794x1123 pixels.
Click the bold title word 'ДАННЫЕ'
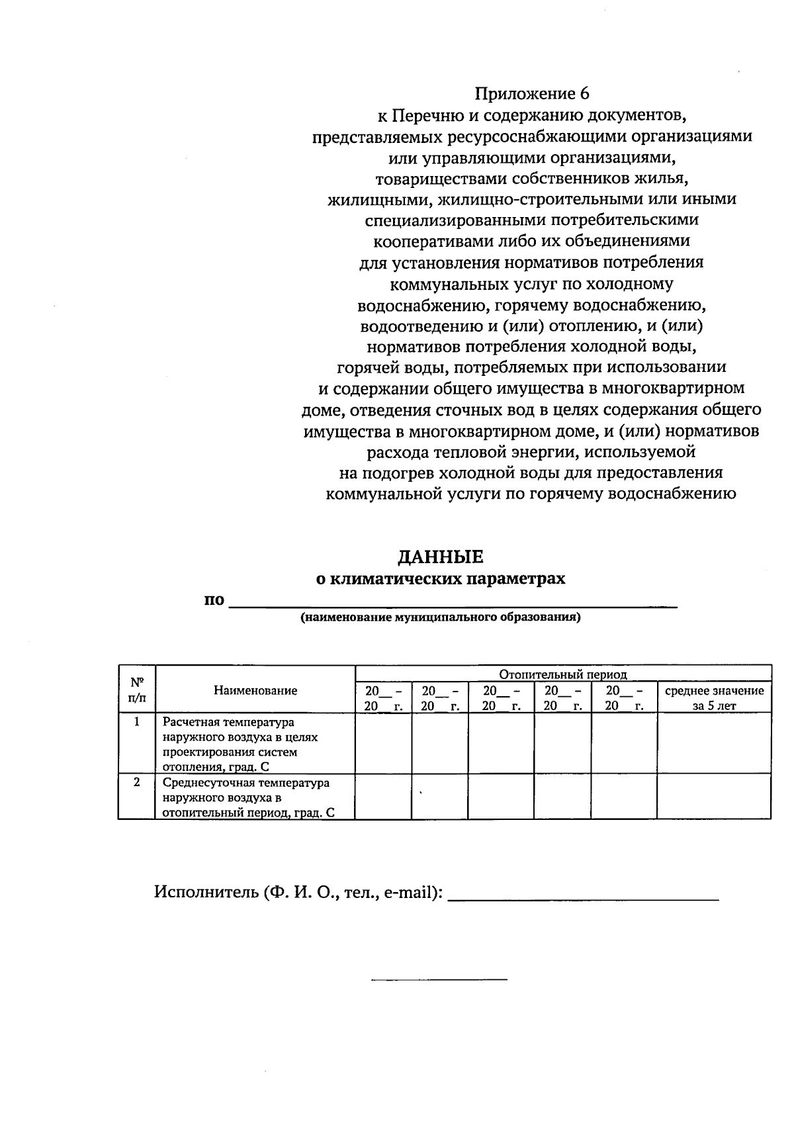(x=440, y=557)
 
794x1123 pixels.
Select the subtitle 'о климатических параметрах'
(x=440, y=579)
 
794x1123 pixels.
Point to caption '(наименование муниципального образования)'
(x=440, y=618)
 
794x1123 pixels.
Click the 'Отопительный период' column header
(x=562, y=674)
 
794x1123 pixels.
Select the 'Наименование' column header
(x=255, y=690)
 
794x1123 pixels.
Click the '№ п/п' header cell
(x=137, y=689)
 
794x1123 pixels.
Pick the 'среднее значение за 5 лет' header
(x=714, y=697)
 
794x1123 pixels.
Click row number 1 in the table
(x=137, y=722)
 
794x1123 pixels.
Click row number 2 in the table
(x=137, y=782)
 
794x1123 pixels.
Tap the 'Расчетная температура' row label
(x=228, y=722)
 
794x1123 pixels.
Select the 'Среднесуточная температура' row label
(x=246, y=783)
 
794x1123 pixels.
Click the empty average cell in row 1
(x=714, y=743)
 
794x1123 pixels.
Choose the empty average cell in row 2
(x=714, y=797)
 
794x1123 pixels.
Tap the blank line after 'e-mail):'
(x=584, y=898)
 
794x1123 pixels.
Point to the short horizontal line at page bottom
(x=439, y=979)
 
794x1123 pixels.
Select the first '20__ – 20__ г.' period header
(x=383, y=697)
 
